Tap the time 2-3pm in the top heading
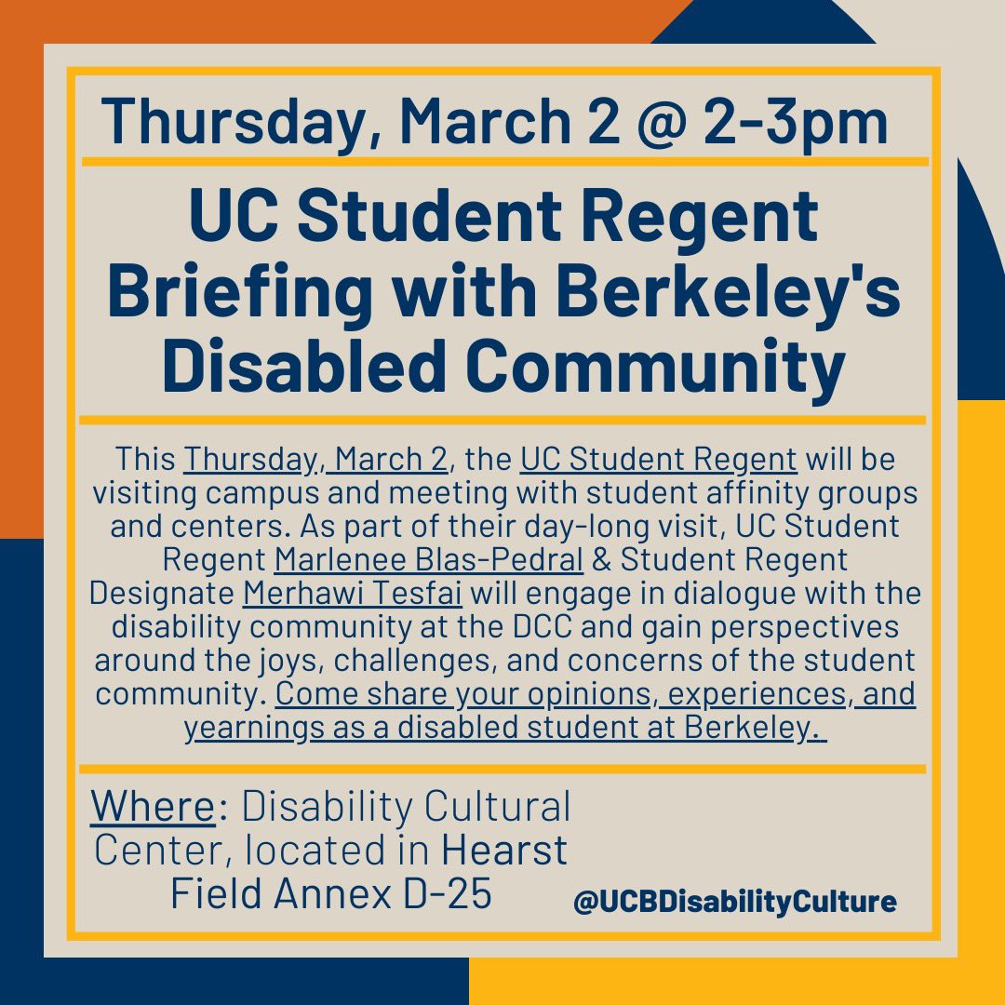800,121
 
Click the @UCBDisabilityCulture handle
734,902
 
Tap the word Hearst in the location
503,851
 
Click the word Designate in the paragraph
161,594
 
